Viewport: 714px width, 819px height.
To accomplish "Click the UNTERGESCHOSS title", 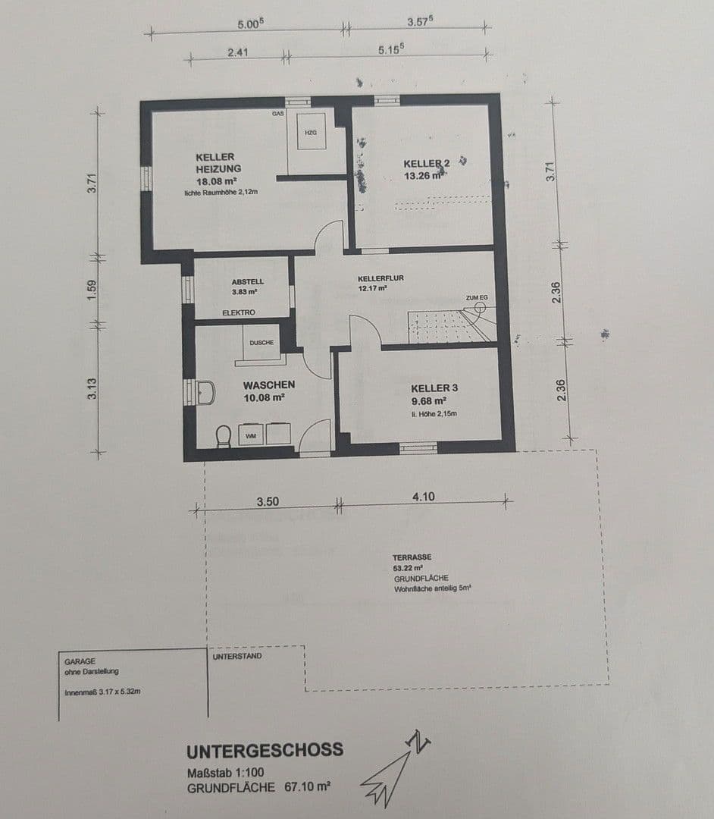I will [x=265, y=751].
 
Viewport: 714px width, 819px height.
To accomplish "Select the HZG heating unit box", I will [x=310, y=132].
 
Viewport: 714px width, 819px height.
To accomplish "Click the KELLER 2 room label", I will [x=427, y=164].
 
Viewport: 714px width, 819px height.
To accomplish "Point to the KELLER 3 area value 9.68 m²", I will [x=430, y=400].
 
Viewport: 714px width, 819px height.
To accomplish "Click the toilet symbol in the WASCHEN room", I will [x=223, y=436].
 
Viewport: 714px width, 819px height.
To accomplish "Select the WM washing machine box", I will [x=251, y=435].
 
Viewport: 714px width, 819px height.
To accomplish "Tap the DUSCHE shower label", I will [x=261, y=342].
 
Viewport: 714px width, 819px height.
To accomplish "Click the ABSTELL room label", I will [x=248, y=281].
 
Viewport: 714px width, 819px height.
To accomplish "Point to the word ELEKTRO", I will [x=239, y=312].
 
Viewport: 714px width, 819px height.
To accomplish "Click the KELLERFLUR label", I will [x=380, y=278].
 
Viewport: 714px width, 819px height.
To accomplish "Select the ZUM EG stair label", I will [x=477, y=298].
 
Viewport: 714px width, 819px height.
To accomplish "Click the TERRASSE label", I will [x=412, y=557].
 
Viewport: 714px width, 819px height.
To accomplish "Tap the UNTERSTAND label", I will [x=237, y=656].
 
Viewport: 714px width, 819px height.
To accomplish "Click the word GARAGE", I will [x=80, y=661].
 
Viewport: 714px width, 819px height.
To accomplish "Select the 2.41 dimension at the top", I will [x=237, y=53].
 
